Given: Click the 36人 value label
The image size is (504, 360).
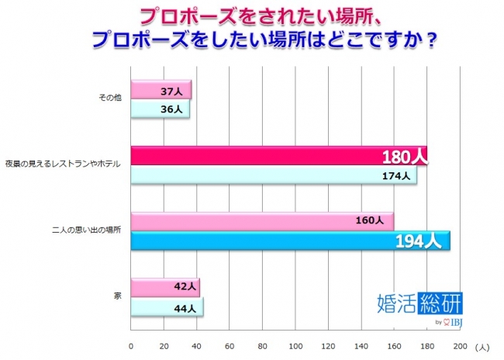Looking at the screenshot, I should [x=173, y=109].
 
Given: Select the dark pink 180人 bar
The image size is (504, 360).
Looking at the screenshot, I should [x=279, y=156].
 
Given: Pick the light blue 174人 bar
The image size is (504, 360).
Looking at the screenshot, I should [x=273, y=175].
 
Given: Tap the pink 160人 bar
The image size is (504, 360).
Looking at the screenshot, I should [x=262, y=221].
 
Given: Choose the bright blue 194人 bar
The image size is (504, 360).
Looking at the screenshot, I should [x=290, y=241].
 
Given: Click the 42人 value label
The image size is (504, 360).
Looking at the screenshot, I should [x=182, y=287].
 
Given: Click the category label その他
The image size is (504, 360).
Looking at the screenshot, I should [x=109, y=100].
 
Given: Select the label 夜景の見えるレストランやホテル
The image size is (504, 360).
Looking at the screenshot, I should [x=62, y=165].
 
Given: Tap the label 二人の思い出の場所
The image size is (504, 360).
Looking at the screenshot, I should [x=85, y=231].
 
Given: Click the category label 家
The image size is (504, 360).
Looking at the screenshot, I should [x=117, y=297].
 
